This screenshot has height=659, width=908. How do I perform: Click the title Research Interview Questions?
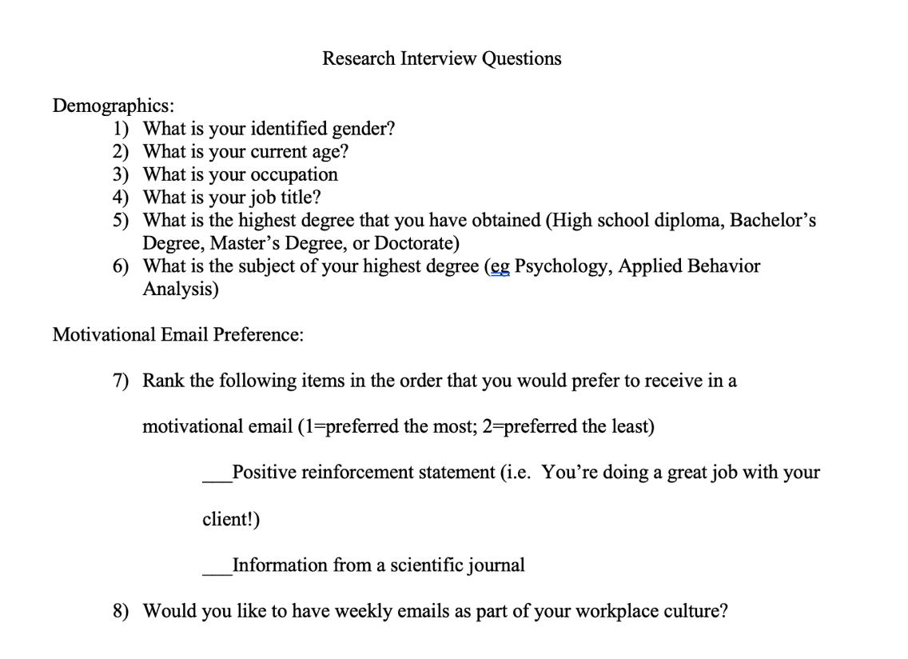(441, 58)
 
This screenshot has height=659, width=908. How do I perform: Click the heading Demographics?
(113, 106)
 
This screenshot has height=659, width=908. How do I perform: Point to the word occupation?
(293, 174)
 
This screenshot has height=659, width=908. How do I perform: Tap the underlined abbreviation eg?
(499, 266)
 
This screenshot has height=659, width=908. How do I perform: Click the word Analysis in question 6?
(180, 289)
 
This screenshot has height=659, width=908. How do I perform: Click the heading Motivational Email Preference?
(177, 334)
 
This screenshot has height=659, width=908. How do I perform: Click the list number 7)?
(121, 381)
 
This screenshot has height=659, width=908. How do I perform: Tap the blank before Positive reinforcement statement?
(217, 478)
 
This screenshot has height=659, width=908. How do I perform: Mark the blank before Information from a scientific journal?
(217, 571)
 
